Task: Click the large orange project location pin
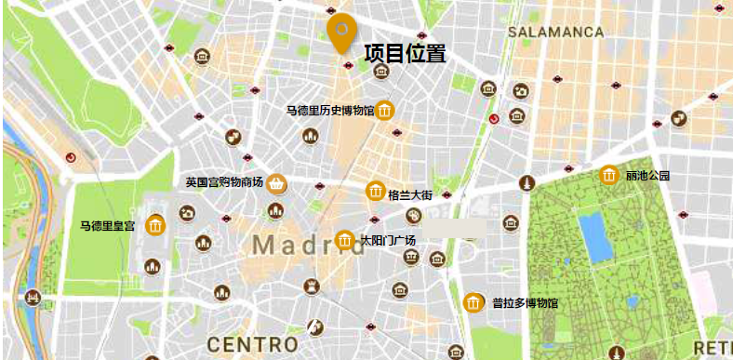coord(340,31)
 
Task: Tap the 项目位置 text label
coord(405,54)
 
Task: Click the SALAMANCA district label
coord(556,32)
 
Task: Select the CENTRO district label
coord(253,344)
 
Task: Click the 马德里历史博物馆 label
coord(329,111)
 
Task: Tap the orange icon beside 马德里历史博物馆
coord(385,111)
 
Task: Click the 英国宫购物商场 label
coord(224,182)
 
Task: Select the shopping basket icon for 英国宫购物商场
coord(276,184)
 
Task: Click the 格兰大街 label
coord(410,195)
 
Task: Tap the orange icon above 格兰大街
coord(377,190)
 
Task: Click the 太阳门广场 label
coord(388,240)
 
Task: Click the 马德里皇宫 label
coord(108,225)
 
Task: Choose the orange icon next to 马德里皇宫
coord(154,224)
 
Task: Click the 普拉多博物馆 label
coord(525,302)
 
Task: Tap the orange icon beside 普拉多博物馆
coord(473,302)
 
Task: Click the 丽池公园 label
coord(647,175)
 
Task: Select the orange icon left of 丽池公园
coord(609,175)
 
